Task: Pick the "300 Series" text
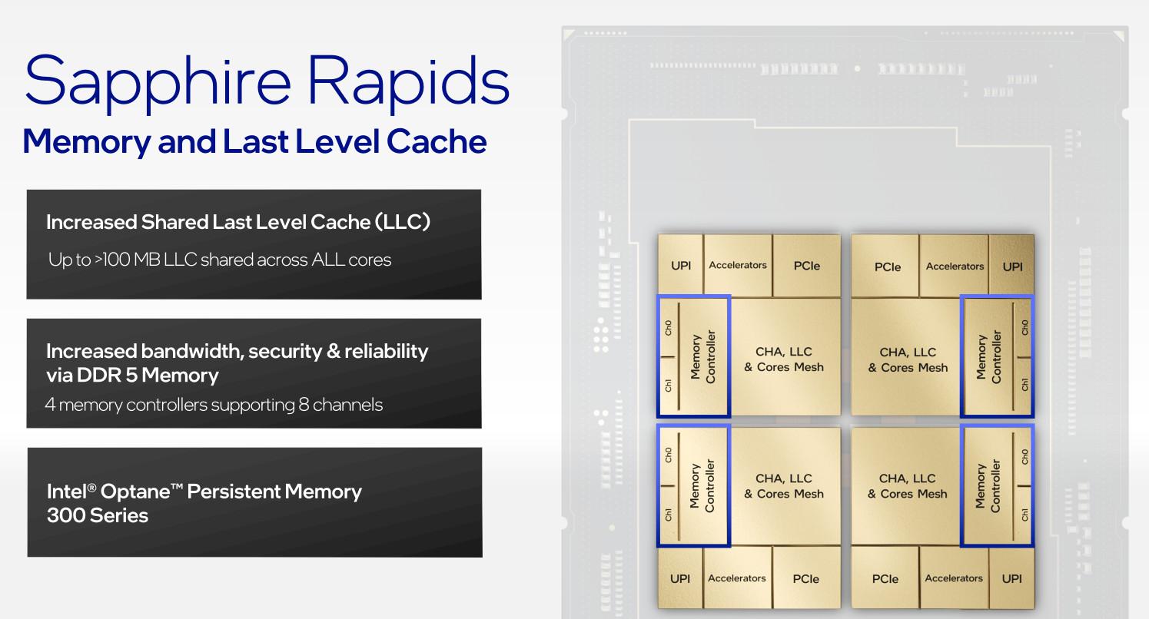point(98,515)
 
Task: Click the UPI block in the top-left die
point(681,266)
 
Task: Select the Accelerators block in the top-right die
point(955,266)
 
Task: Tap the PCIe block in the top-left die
point(806,266)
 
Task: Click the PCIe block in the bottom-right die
point(885,579)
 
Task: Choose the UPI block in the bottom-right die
point(1012,578)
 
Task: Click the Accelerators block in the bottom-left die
point(737,578)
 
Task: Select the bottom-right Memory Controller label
point(988,485)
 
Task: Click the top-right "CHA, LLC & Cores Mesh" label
point(908,359)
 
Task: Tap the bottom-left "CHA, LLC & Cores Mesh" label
point(784,485)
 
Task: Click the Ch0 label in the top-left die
point(668,328)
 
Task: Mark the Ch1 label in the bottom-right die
point(1024,514)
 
